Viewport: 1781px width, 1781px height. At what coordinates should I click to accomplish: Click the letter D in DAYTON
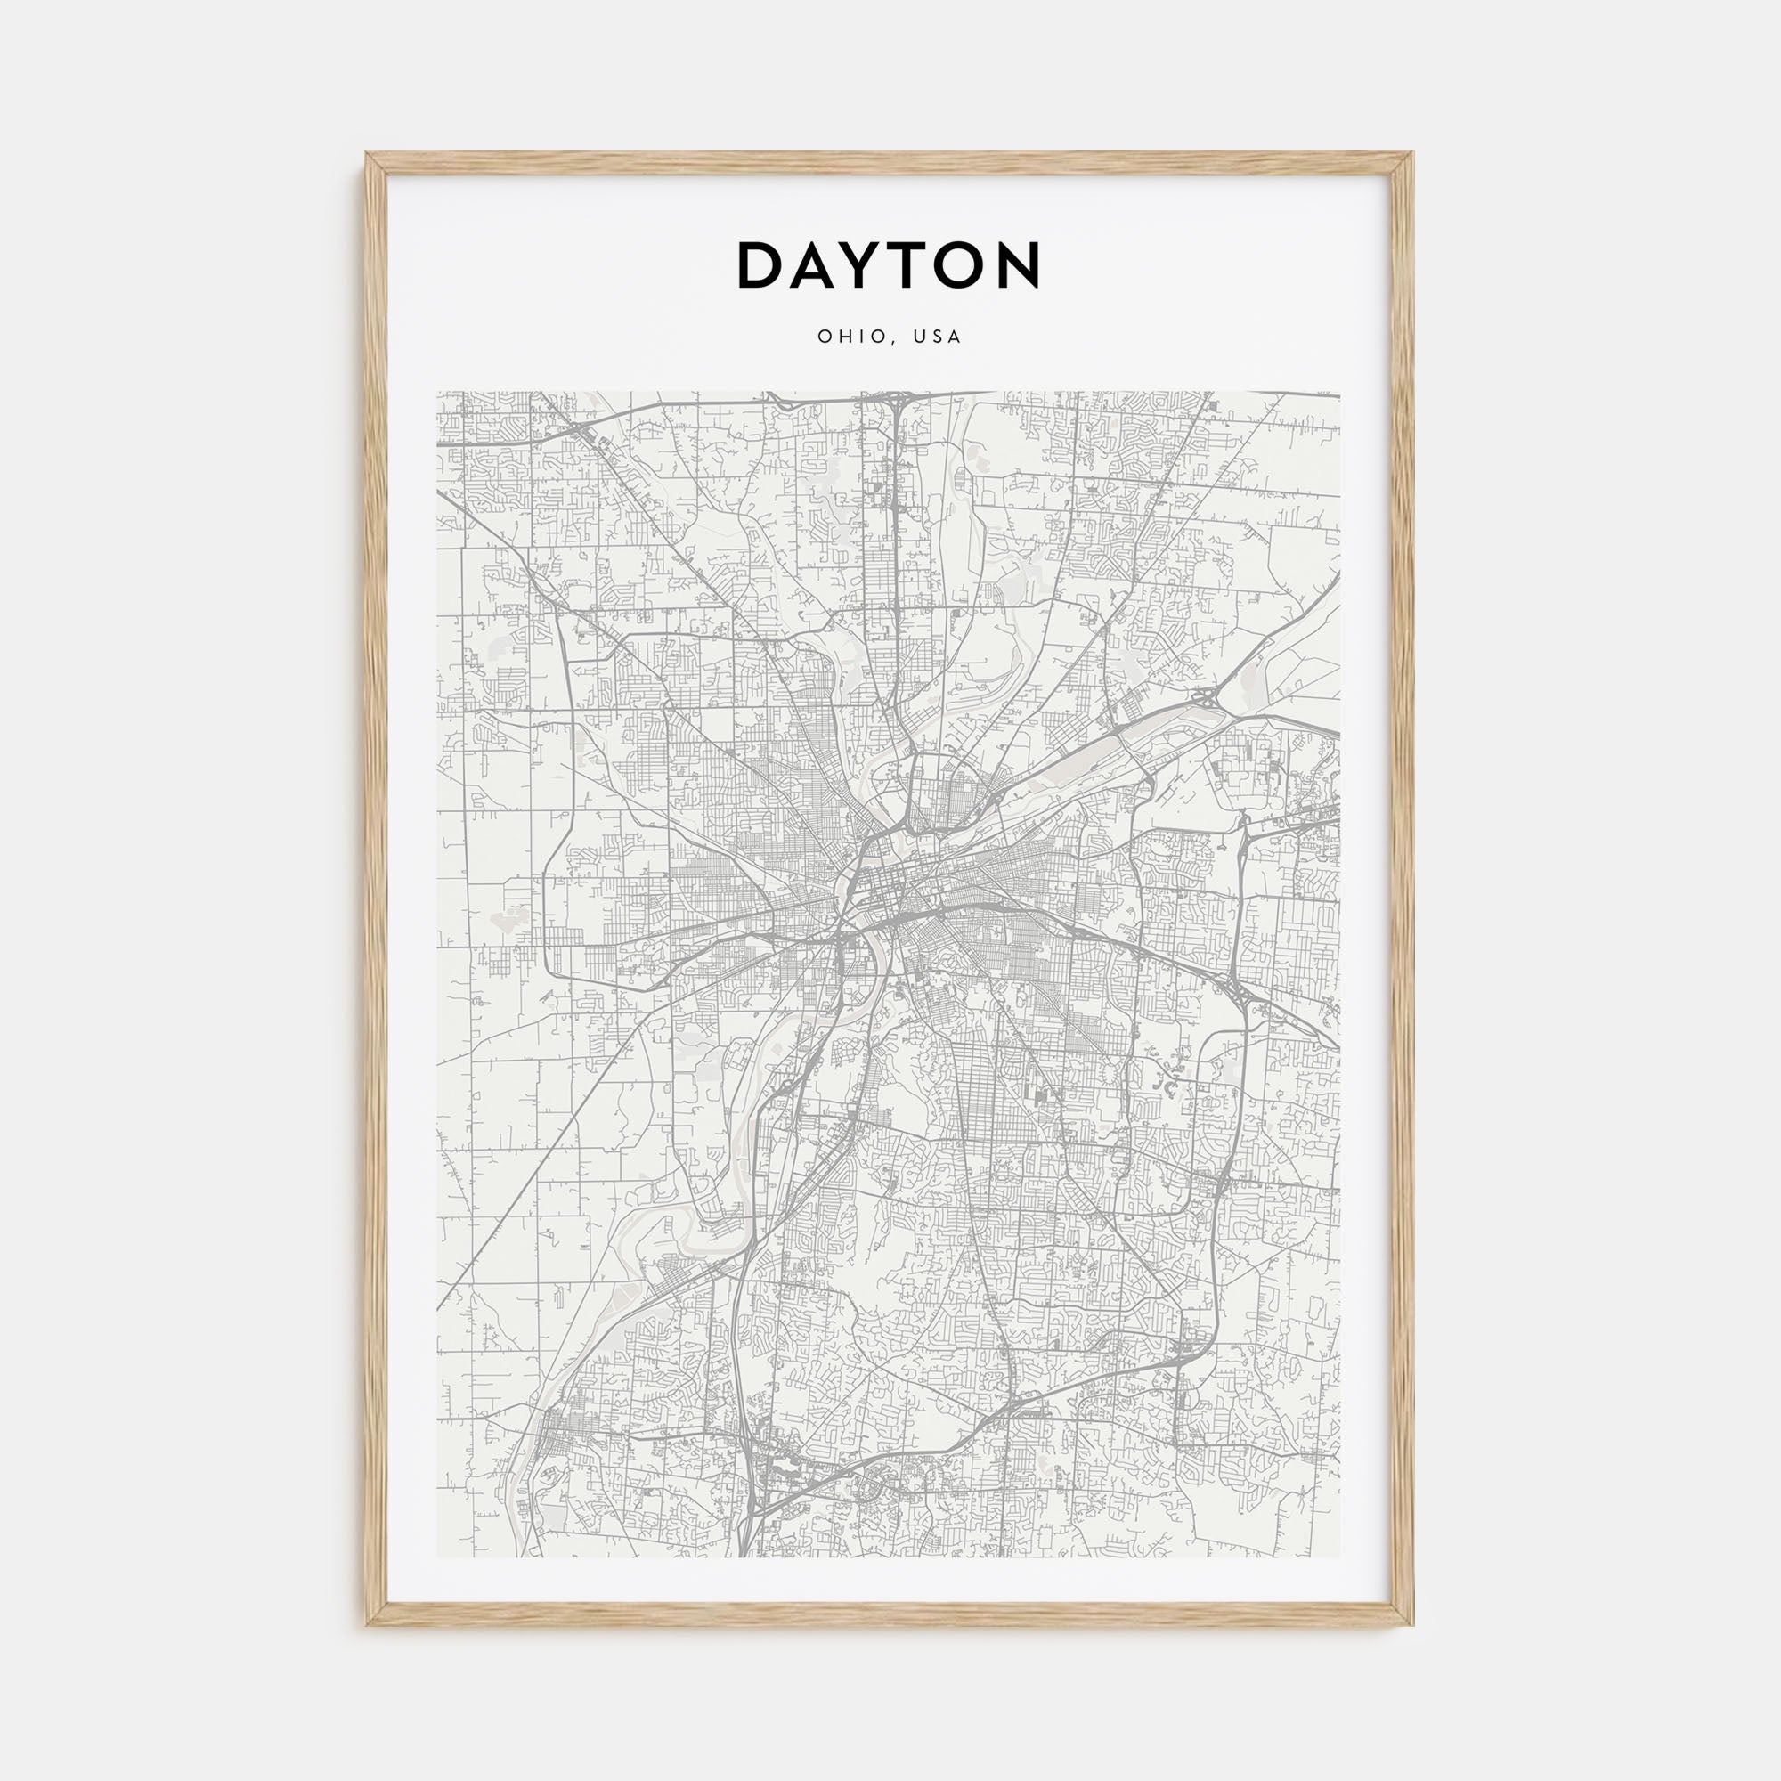[x=760, y=265]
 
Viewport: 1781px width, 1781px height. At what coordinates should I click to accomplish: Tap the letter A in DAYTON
[x=816, y=265]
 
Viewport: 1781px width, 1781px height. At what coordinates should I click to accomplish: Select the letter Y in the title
[x=871, y=265]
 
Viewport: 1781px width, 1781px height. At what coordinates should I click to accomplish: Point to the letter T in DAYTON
[x=923, y=265]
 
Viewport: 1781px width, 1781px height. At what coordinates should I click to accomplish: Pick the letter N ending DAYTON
[x=1024, y=265]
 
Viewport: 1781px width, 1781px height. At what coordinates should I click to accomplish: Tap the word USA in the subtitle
[x=938, y=337]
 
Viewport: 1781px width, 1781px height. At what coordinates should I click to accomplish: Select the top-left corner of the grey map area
[x=437, y=392]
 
